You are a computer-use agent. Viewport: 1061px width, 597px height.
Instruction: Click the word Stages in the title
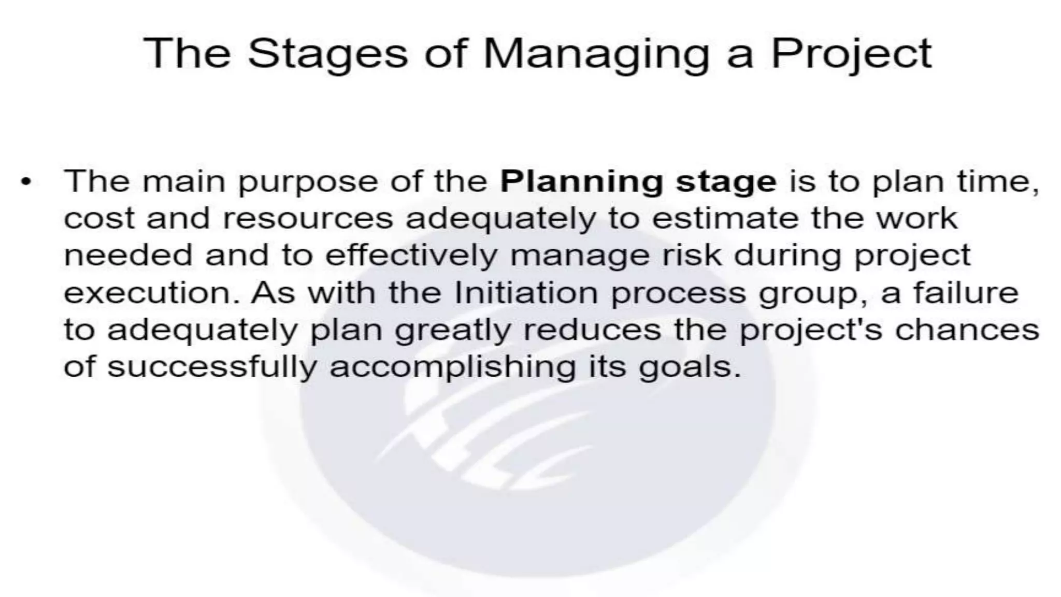327,54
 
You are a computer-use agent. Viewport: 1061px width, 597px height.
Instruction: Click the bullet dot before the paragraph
25,183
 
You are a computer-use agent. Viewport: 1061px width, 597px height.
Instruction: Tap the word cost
99,219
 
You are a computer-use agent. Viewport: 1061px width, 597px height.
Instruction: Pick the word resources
308,219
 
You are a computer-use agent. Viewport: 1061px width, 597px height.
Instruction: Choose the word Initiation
526,293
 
